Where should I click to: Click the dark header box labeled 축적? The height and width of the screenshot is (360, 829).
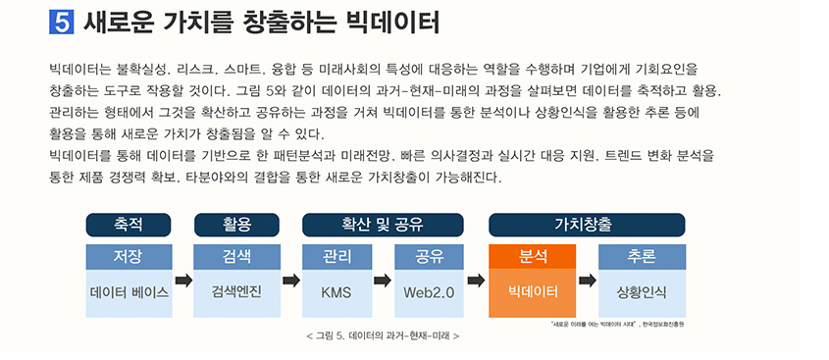129,224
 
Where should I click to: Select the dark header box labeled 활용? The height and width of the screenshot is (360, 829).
236,224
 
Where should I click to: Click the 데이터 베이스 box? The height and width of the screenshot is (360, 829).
129,292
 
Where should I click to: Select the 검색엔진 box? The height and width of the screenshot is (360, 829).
236,292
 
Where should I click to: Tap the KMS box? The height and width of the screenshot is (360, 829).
337,292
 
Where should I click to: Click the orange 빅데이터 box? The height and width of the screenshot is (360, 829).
533,292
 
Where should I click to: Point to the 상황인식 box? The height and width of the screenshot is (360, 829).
641,292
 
